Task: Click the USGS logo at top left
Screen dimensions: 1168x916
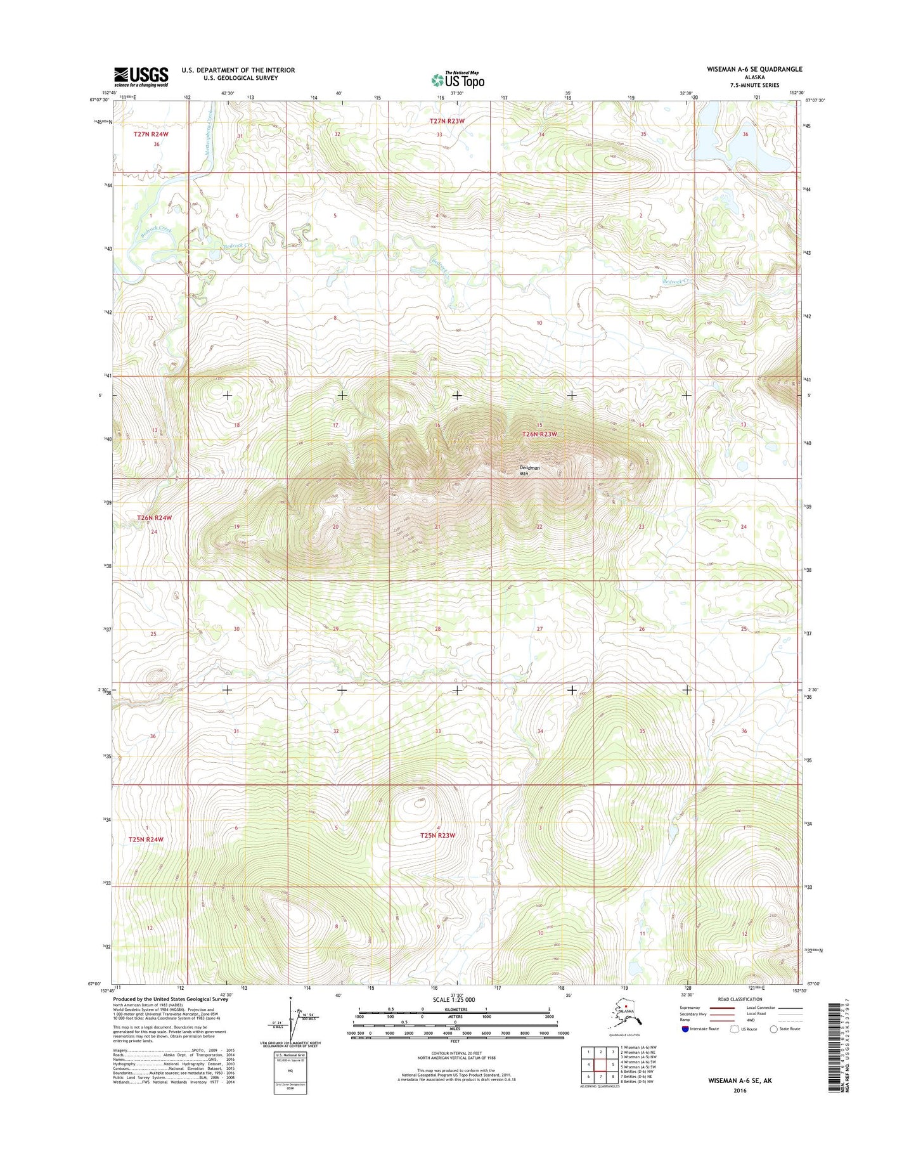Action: coord(141,77)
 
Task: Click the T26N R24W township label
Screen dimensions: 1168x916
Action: coord(155,518)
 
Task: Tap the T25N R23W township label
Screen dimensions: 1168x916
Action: coord(437,835)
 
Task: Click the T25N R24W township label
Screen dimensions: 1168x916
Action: coord(146,839)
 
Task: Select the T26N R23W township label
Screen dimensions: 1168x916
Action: coord(539,434)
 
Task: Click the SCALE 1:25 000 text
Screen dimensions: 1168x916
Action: coord(453,1000)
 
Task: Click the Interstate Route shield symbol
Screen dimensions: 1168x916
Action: coord(685,1028)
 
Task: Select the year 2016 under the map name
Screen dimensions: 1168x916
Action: coord(740,1091)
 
